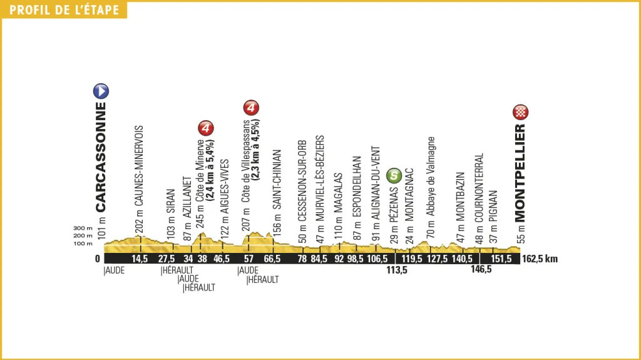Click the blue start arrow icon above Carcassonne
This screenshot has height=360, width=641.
pos(101,91)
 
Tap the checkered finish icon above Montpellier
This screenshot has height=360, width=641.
pos(521,112)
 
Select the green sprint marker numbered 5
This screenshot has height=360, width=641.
pos(393,176)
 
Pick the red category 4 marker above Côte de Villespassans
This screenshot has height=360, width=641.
pos(250,108)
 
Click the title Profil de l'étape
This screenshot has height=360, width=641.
pos(64,9)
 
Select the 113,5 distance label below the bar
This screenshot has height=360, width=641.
pos(395,271)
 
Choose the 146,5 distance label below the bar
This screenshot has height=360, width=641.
pos(479,271)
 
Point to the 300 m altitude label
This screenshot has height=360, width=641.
pos(83,228)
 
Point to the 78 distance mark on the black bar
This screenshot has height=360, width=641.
pos(302,259)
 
